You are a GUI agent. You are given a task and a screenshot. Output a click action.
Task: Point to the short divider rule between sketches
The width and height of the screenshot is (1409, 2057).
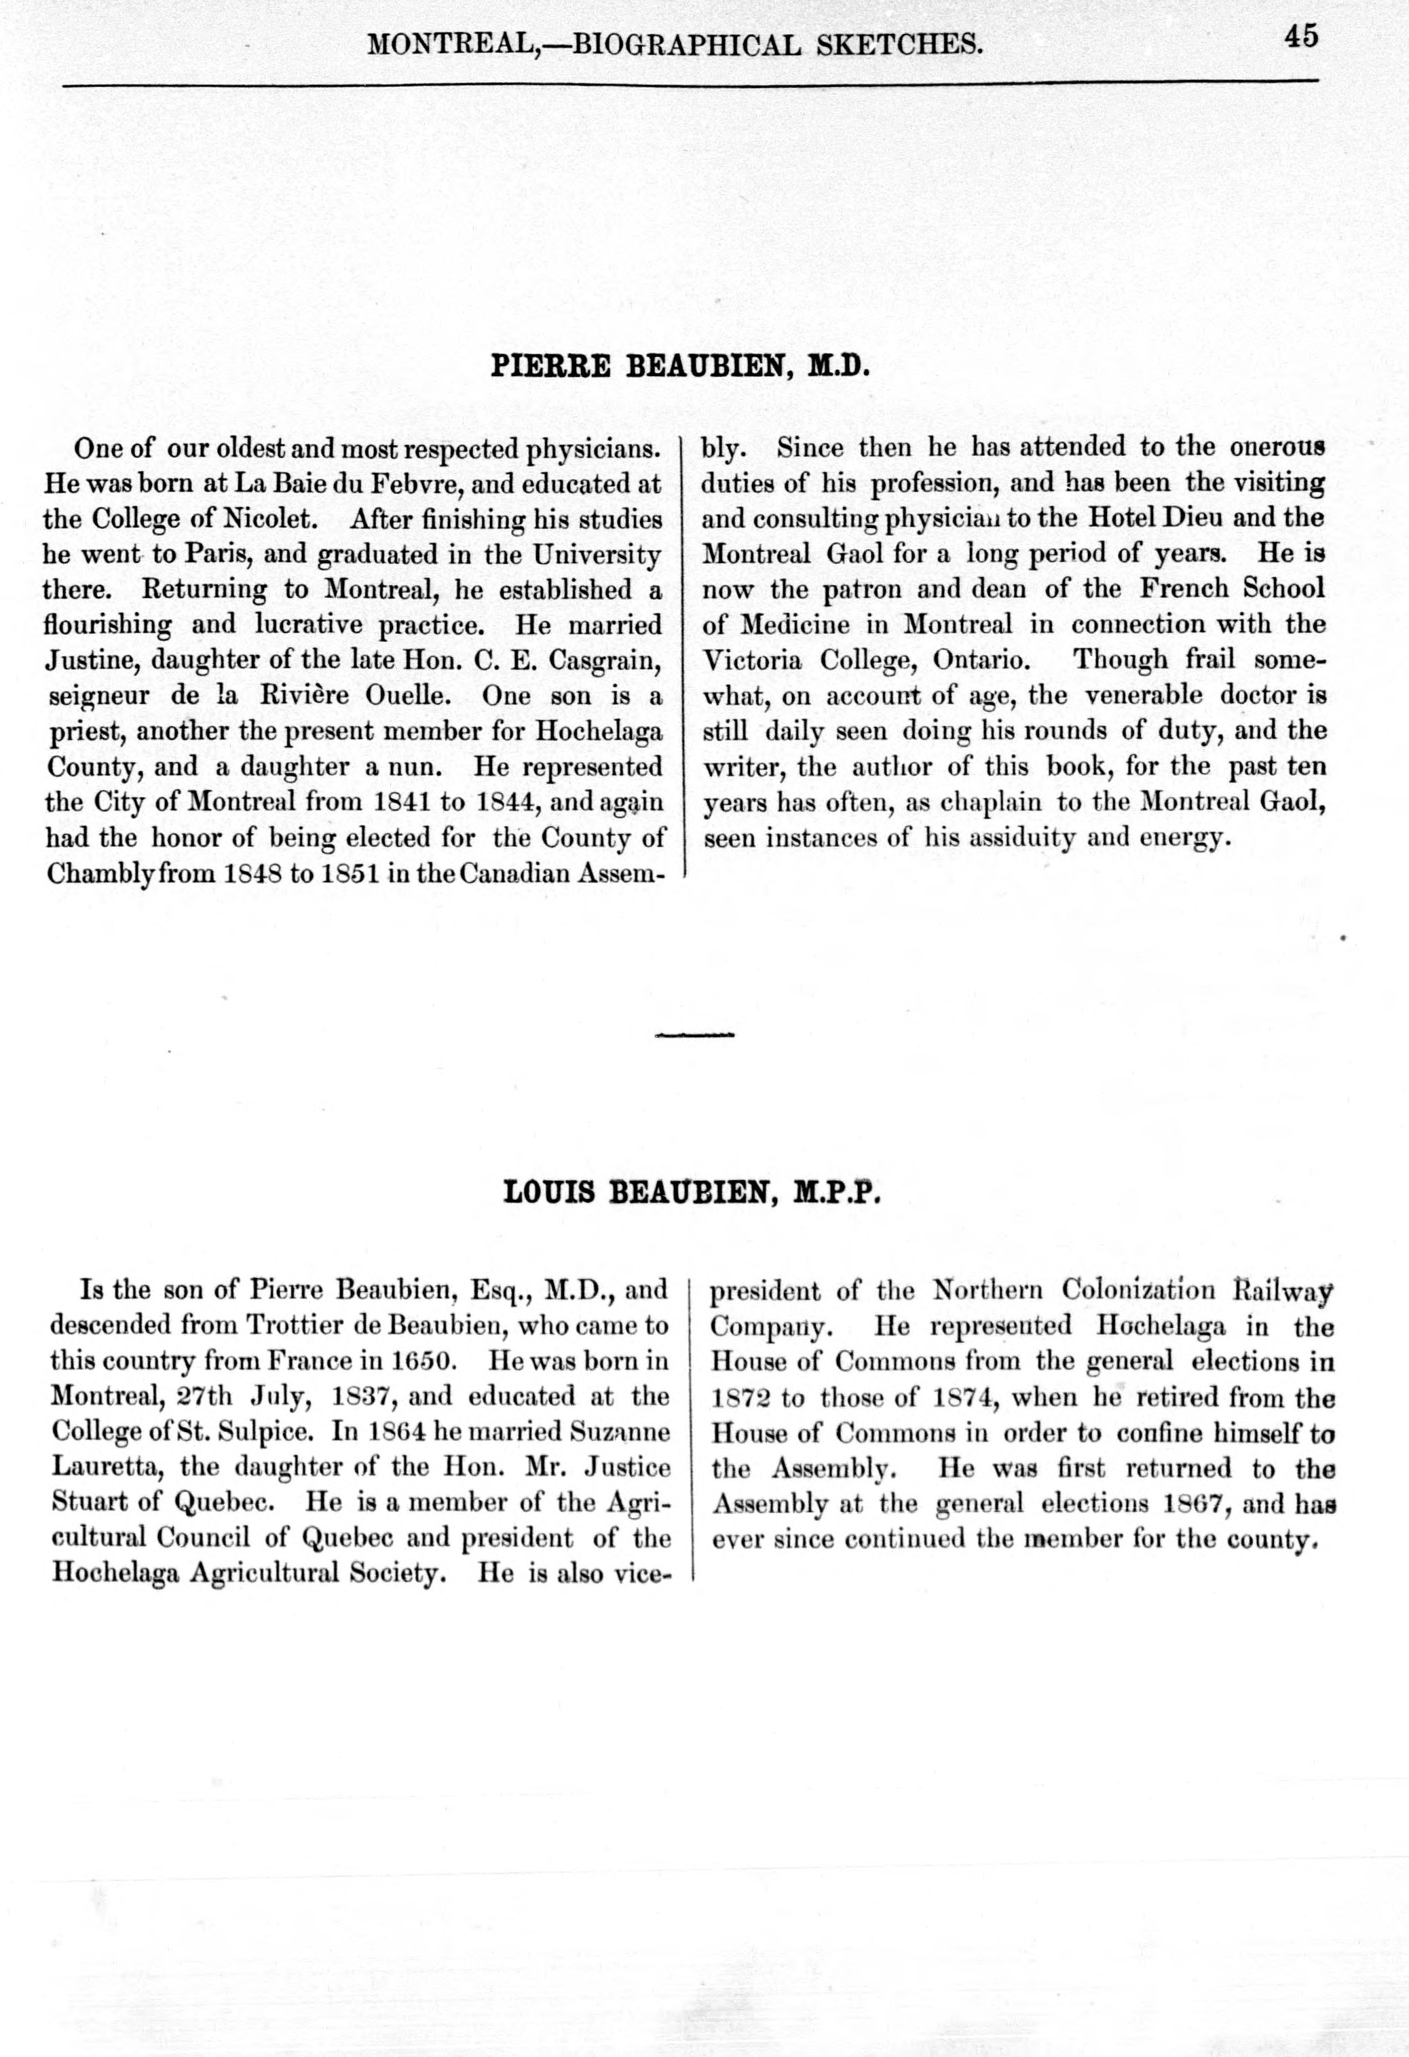pos(696,1034)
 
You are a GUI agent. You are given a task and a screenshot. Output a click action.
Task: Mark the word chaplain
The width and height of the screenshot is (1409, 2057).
pos(985,803)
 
